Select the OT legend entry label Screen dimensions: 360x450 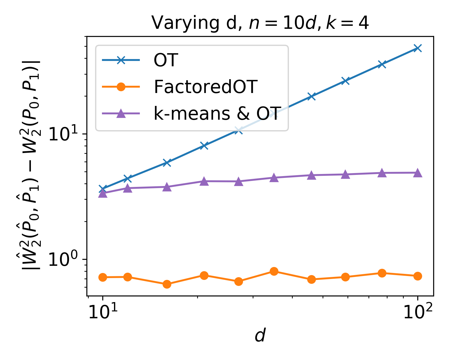tap(166, 60)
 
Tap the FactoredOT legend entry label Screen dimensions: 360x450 tap(206, 87)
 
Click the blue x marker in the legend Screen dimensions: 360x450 tap(121, 60)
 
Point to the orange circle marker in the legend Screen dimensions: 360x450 tap(121, 87)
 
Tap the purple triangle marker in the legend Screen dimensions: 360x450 tap(121, 113)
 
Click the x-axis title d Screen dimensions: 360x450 tap(260, 336)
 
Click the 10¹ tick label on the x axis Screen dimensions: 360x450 tap(103, 313)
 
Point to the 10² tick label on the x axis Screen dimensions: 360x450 tap(417, 313)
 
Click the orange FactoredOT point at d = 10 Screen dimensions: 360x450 tap(103, 277)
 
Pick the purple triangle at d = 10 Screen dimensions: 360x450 tap(103, 193)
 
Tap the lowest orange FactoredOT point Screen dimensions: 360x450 tap(167, 284)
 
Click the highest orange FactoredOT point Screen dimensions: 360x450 tap(274, 271)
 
